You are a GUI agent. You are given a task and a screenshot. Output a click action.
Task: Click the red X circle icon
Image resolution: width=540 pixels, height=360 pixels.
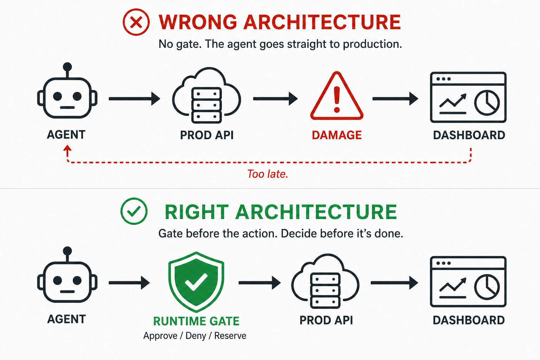tap(136, 22)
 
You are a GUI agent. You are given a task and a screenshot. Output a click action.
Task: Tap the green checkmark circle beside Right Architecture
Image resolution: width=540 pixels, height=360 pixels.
tap(134, 211)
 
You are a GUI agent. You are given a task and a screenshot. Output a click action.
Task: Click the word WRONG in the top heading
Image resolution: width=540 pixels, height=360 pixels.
tap(198, 22)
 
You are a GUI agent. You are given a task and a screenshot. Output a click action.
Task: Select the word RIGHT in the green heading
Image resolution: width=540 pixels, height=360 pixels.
tap(197, 212)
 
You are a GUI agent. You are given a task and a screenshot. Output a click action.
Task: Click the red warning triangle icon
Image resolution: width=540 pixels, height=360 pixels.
tap(337, 97)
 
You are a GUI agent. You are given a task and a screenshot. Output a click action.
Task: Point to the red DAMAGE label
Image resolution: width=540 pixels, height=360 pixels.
tap(337, 135)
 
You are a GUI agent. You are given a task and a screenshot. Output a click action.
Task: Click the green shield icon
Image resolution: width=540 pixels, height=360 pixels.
tap(196, 282)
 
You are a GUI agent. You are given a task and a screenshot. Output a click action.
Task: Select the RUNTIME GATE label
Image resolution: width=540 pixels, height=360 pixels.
tap(196, 321)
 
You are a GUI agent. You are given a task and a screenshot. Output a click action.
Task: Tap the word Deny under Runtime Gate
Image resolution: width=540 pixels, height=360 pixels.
tap(196, 336)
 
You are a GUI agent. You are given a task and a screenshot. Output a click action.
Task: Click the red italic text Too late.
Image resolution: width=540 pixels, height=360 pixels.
tap(268, 174)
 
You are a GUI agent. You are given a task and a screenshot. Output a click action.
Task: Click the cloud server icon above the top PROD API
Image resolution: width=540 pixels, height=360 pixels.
tap(206, 96)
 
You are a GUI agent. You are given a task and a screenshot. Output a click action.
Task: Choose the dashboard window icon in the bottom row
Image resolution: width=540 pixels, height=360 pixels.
tap(468, 282)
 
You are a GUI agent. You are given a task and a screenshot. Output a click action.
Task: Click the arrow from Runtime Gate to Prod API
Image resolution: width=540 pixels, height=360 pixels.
tap(259, 283)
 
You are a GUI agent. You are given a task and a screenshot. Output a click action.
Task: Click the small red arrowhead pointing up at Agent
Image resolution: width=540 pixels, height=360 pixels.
tap(67, 150)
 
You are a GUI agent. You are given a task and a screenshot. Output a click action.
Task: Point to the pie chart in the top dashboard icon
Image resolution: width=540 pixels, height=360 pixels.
tap(487, 103)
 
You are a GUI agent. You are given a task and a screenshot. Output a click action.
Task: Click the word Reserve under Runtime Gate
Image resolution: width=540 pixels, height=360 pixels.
tap(230, 336)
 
